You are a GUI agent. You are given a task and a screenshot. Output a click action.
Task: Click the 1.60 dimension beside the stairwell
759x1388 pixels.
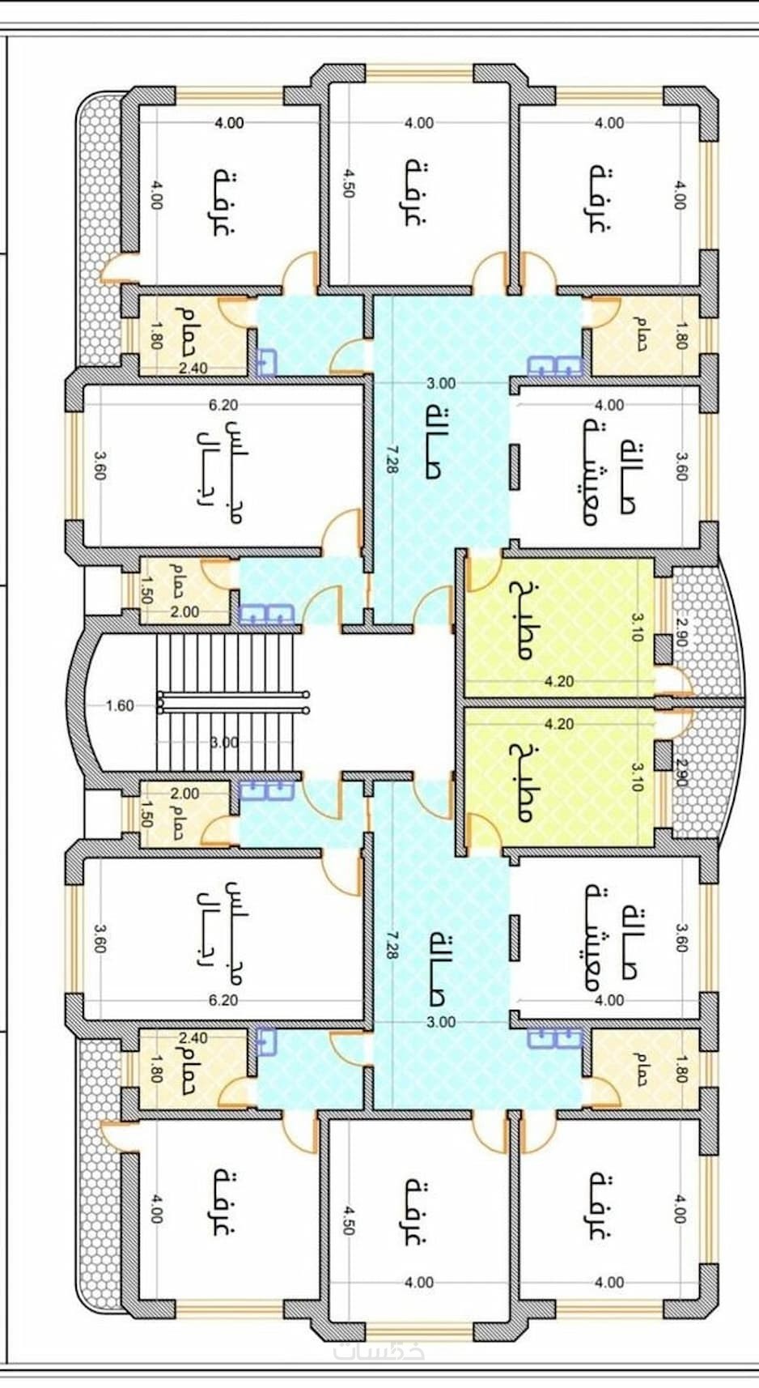120,705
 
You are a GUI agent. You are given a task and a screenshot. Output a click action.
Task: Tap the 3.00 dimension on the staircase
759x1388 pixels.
223,743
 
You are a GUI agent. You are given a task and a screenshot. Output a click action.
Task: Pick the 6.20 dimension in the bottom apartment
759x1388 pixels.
223,1000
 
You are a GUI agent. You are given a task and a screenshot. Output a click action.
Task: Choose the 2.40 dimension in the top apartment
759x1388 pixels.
193,368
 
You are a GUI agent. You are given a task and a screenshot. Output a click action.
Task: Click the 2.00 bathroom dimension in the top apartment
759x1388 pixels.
184,611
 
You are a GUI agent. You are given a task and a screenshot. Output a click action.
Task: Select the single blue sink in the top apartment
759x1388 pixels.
267,363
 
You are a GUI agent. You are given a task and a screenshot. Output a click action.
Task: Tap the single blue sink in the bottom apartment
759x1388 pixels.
267,1042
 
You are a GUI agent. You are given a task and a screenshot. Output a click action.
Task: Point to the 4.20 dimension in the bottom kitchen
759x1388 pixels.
559,724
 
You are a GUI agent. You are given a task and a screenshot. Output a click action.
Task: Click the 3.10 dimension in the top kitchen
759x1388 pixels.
637,627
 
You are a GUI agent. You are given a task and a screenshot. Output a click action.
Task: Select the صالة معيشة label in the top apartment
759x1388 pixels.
611,474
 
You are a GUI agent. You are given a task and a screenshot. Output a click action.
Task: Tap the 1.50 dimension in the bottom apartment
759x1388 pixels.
146,813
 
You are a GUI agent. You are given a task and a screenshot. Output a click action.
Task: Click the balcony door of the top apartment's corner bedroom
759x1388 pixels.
112,269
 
